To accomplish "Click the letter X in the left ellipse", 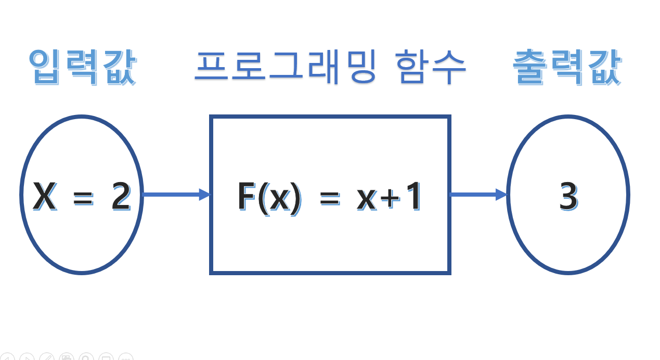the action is click(45, 197).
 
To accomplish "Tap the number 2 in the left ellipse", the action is click(121, 197).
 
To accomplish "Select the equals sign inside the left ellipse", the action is click(82, 198).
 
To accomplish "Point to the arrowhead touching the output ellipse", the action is click(501, 195).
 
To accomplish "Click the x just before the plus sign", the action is click(367, 200).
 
